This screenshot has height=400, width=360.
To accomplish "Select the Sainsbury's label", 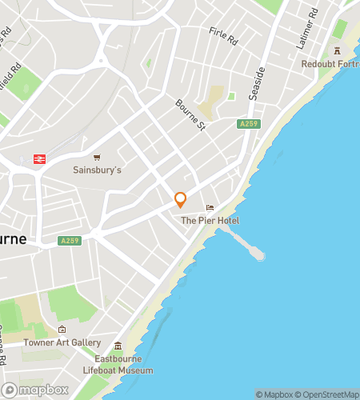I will click(97, 170).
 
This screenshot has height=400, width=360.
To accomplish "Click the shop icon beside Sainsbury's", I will click(97, 158).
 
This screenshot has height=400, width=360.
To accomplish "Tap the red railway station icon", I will click(38, 159).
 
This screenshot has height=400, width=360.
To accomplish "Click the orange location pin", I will click(181, 200).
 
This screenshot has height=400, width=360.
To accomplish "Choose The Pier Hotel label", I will click(210, 221).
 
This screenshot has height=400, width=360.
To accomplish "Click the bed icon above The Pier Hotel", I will click(210, 208).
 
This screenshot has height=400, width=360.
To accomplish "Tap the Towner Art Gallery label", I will click(62, 342).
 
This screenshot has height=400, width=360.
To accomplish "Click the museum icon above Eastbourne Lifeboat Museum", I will click(118, 346).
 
